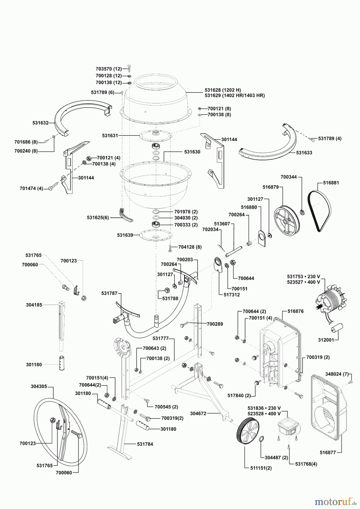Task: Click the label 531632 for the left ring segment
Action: (x=40, y=123)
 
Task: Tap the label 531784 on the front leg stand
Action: (x=145, y=444)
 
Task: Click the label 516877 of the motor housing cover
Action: (x=328, y=452)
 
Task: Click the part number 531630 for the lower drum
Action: (x=192, y=152)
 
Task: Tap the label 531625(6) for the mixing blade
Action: (x=98, y=217)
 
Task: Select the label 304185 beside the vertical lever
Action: (x=34, y=305)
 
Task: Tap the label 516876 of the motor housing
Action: (x=295, y=311)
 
